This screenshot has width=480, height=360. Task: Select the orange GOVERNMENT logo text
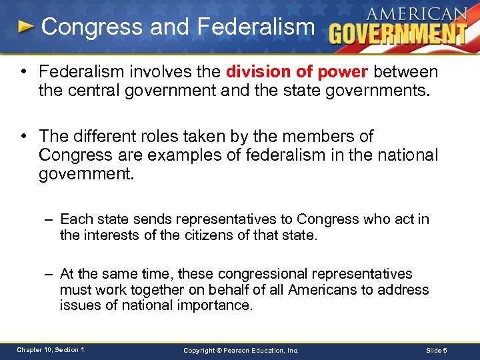(398, 33)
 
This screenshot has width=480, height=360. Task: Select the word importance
(215, 305)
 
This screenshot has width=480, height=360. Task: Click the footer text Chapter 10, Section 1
(51, 349)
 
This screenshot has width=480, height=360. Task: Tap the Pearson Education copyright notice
(241, 350)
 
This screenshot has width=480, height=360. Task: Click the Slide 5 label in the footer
(436, 350)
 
